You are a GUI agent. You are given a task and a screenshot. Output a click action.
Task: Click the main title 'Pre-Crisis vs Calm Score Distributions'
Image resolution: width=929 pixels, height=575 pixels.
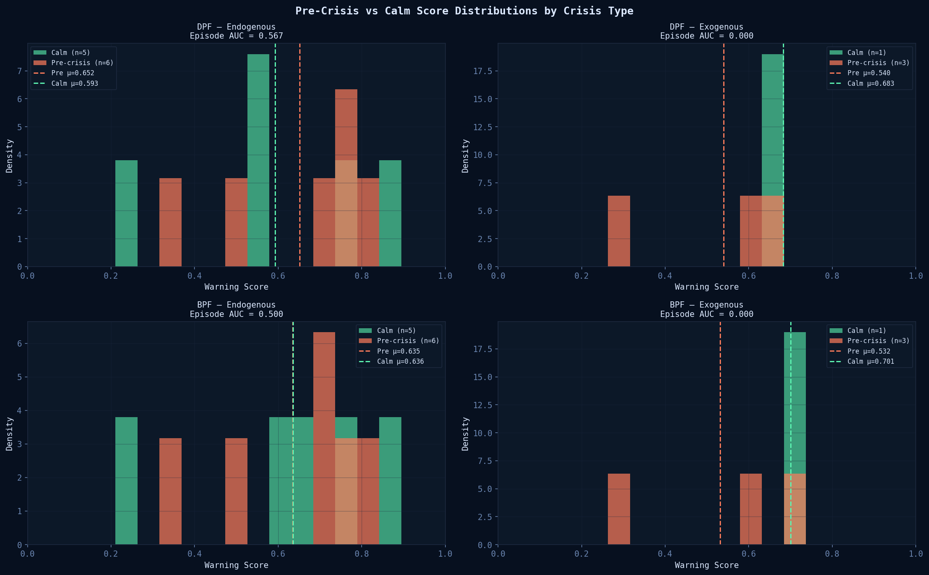tap(464, 11)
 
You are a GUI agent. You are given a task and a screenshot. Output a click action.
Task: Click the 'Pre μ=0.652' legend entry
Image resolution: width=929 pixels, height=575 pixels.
tap(72, 73)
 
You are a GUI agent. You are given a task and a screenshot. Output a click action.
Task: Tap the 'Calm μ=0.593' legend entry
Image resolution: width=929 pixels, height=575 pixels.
tap(74, 83)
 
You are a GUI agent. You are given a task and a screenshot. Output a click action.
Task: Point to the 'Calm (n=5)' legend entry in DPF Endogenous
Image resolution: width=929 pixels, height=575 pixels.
tap(71, 53)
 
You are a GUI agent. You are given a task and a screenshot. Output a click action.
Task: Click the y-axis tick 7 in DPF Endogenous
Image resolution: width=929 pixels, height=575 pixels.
tap(19, 71)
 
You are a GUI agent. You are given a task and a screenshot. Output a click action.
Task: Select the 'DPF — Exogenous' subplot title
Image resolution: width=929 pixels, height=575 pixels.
tap(706, 27)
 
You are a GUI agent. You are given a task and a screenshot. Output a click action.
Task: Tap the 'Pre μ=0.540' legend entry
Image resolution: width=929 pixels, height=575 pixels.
tap(869, 73)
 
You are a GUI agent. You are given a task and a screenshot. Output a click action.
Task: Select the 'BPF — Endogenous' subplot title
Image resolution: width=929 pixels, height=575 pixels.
tap(236, 305)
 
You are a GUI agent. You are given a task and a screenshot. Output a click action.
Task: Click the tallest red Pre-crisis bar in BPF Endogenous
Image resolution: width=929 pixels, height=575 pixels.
tap(324, 429)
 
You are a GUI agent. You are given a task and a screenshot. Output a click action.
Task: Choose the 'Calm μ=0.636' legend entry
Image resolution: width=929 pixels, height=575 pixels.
tap(400, 361)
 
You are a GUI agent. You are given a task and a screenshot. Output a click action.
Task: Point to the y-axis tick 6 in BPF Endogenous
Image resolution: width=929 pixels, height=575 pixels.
tap(19, 343)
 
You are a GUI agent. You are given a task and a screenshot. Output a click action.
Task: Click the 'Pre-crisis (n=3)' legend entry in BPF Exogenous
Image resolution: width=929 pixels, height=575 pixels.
tap(878, 341)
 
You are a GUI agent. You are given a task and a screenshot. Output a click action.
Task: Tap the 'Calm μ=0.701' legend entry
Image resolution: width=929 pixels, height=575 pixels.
tap(871, 361)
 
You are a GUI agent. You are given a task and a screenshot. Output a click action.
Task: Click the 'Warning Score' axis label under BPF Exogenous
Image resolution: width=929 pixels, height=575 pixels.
tap(706, 565)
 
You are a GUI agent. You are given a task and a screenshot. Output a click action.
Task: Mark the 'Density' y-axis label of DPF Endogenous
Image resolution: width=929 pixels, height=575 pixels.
tap(9, 156)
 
